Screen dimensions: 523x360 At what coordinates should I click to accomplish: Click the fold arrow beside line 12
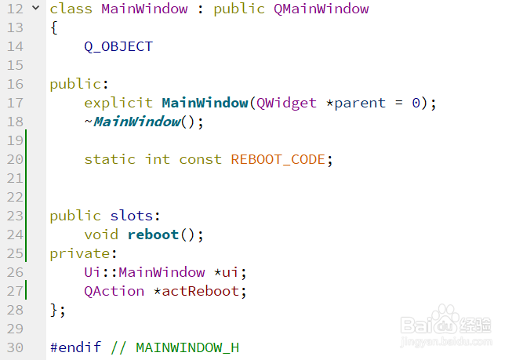(x=35, y=9)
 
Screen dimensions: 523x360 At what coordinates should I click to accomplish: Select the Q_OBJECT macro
(x=118, y=46)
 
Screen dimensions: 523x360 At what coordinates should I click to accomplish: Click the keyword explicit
(x=118, y=103)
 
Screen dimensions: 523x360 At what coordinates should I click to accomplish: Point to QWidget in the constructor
(x=287, y=103)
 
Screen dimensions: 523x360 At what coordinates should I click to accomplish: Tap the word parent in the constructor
(x=360, y=103)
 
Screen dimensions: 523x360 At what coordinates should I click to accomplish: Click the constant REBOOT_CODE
(x=278, y=159)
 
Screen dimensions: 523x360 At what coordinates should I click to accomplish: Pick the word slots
(x=136, y=216)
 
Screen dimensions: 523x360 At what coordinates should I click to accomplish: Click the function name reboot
(x=153, y=235)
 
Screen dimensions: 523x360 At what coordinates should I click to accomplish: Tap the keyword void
(x=101, y=235)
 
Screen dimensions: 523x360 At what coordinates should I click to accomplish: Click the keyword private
(x=81, y=253)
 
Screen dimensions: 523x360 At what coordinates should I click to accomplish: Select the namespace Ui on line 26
(x=93, y=272)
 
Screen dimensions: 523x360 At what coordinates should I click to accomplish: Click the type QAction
(x=114, y=291)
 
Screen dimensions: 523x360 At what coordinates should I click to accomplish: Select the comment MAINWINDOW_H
(x=187, y=347)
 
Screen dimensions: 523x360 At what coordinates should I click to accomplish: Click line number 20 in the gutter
(x=15, y=159)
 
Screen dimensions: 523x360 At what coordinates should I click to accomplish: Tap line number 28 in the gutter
(x=15, y=310)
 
